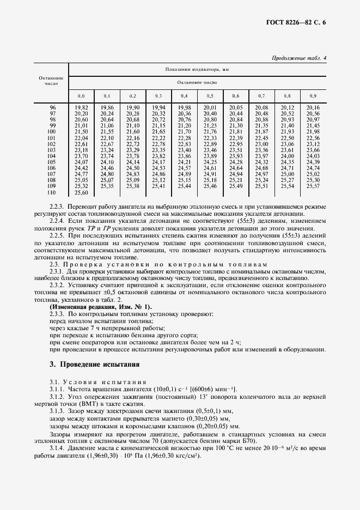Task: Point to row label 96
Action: (x=52, y=108)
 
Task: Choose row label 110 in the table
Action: (x=52, y=192)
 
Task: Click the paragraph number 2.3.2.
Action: (x=57, y=285)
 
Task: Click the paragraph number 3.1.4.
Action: (x=57, y=447)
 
